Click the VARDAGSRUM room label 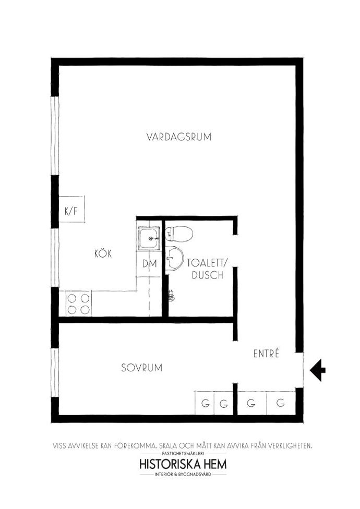178,137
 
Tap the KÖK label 103,253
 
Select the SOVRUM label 141,368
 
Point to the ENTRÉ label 266,353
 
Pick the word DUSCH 208,275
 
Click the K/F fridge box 72,209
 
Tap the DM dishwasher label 149,263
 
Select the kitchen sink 149,238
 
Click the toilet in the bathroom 179,234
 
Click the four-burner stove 79,304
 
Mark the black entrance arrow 317,370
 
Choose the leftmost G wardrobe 205,403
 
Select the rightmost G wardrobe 281,403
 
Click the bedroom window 55,373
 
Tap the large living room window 55,136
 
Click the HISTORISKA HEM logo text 183,464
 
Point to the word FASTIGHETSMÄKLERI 183,453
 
